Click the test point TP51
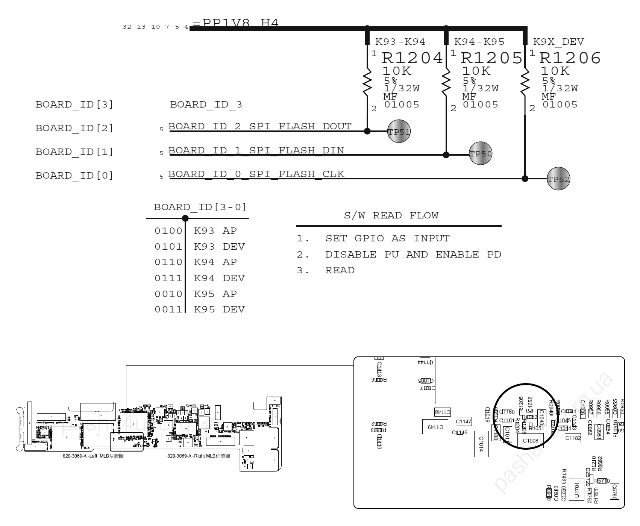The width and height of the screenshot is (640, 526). tap(399, 131)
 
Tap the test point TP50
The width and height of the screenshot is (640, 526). tap(480, 153)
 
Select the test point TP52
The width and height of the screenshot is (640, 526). tap(558, 179)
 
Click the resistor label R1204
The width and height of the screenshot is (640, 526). tap(412, 58)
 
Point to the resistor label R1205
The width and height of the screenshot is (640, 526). tap(491, 58)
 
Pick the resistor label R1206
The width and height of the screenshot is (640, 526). tap(570, 58)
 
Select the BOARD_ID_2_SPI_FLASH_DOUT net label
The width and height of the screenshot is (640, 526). tap(260, 126)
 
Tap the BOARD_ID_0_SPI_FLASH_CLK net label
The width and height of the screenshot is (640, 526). tap(256, 174)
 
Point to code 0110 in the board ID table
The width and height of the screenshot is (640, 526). tap(168, 262)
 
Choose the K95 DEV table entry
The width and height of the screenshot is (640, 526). tap(219, 309)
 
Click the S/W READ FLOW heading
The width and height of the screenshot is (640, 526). tap(391, 215)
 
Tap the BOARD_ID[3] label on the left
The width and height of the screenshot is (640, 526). tap(74, 105)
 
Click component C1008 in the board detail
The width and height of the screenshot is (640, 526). tap(530, 441)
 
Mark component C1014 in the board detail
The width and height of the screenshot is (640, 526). tap(481, 444)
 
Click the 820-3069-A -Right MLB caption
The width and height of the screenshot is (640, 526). tap(199, 456)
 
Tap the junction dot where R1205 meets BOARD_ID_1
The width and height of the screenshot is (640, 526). tap(446, 155)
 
